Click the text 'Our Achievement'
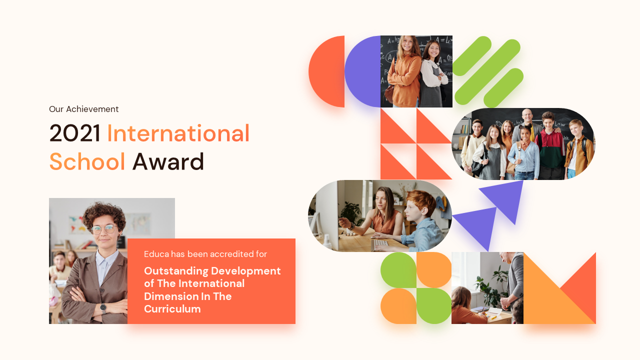coord(83,109)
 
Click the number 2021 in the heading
coord(75,133)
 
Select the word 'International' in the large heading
coord(178,133)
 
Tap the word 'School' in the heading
coord(87,161)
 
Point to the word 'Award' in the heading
coord(168,161)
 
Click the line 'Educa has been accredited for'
coord(205,254)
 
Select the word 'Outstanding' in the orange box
coord(175,271)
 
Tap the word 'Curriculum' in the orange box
coord(172,309)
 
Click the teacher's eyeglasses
coord(103,229)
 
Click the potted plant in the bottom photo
coord(487,285)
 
